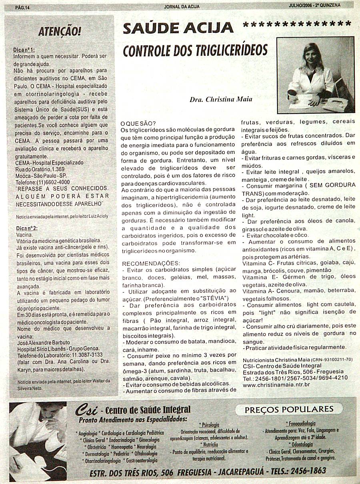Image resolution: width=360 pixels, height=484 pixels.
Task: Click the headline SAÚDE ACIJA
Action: [178, 28]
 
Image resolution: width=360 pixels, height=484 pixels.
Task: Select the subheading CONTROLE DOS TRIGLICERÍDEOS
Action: [195, 50]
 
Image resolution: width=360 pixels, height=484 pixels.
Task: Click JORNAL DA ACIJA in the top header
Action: [182, 6]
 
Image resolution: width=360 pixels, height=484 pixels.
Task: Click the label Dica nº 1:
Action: [24, 50]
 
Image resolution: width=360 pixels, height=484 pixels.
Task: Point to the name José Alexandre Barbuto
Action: [43, 343]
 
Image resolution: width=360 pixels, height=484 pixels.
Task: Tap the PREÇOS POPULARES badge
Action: [289, 409]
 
